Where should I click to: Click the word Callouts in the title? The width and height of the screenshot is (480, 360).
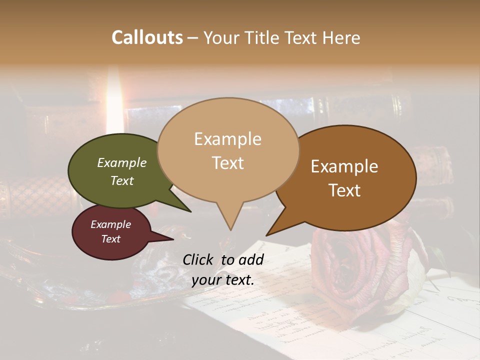(x=147, y=37)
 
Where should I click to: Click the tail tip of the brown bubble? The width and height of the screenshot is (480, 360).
(x=267, y=235)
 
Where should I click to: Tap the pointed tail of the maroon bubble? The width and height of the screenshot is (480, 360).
(x=172, y=238)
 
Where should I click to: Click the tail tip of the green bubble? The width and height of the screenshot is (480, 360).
(x=190, y=211)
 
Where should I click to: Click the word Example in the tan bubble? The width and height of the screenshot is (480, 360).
(x=227, y=139)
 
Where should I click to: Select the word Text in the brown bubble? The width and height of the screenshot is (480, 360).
(x=344, y=190)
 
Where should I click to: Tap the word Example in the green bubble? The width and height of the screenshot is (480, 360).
(x=121, y=163)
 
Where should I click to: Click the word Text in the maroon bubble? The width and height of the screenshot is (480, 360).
(x=110, y=239)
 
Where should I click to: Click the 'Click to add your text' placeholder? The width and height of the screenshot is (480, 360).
(x=222, y=270)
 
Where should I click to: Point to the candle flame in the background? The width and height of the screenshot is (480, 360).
(x=115, y=100)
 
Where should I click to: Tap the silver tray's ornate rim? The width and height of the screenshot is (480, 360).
(x=100, y=300)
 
